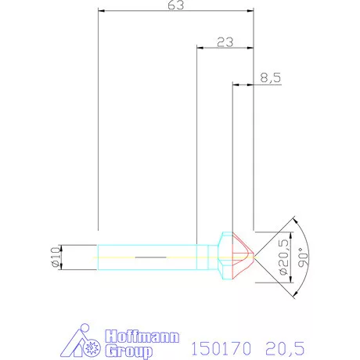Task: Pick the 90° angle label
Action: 305,256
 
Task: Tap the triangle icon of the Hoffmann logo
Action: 81,343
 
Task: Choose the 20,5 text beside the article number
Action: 283,345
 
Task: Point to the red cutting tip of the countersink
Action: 244,256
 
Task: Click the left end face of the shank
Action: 98,256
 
